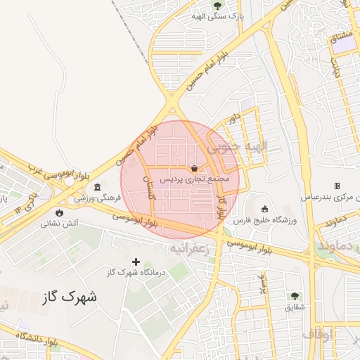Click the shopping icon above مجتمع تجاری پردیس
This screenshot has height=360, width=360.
coord(194,169)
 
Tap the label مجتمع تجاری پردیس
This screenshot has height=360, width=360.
coord(194,180)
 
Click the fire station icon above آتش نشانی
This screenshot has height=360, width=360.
coord(59,212)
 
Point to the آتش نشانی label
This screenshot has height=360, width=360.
coord(59,224)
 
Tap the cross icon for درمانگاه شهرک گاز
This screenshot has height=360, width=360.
coord(136,262)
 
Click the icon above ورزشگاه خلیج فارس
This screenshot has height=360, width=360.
coord(264,209)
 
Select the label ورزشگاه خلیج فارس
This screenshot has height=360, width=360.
coord(266,221)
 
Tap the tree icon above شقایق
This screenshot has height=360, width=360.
coord(295,296)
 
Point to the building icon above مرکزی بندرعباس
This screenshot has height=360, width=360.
coord(337,186)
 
